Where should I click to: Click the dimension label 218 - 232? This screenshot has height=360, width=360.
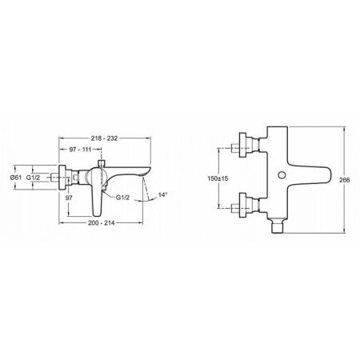tap(104, 138)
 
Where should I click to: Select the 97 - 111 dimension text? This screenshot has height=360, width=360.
tap(80, 150)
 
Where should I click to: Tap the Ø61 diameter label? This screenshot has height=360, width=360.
tap(16, 178)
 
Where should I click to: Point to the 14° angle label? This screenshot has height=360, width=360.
tap(162, 195)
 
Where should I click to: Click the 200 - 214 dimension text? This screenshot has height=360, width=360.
tap(101, 222)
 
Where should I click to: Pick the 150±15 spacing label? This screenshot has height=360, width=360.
tap(218, 178)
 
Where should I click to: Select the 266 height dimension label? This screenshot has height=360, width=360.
tap(344, 180)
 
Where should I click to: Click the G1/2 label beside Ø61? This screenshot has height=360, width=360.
tap(33, 178)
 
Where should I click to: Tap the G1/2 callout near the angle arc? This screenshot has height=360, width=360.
tap(122, 198)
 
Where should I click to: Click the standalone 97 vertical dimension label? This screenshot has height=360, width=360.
tap(69, 198)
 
